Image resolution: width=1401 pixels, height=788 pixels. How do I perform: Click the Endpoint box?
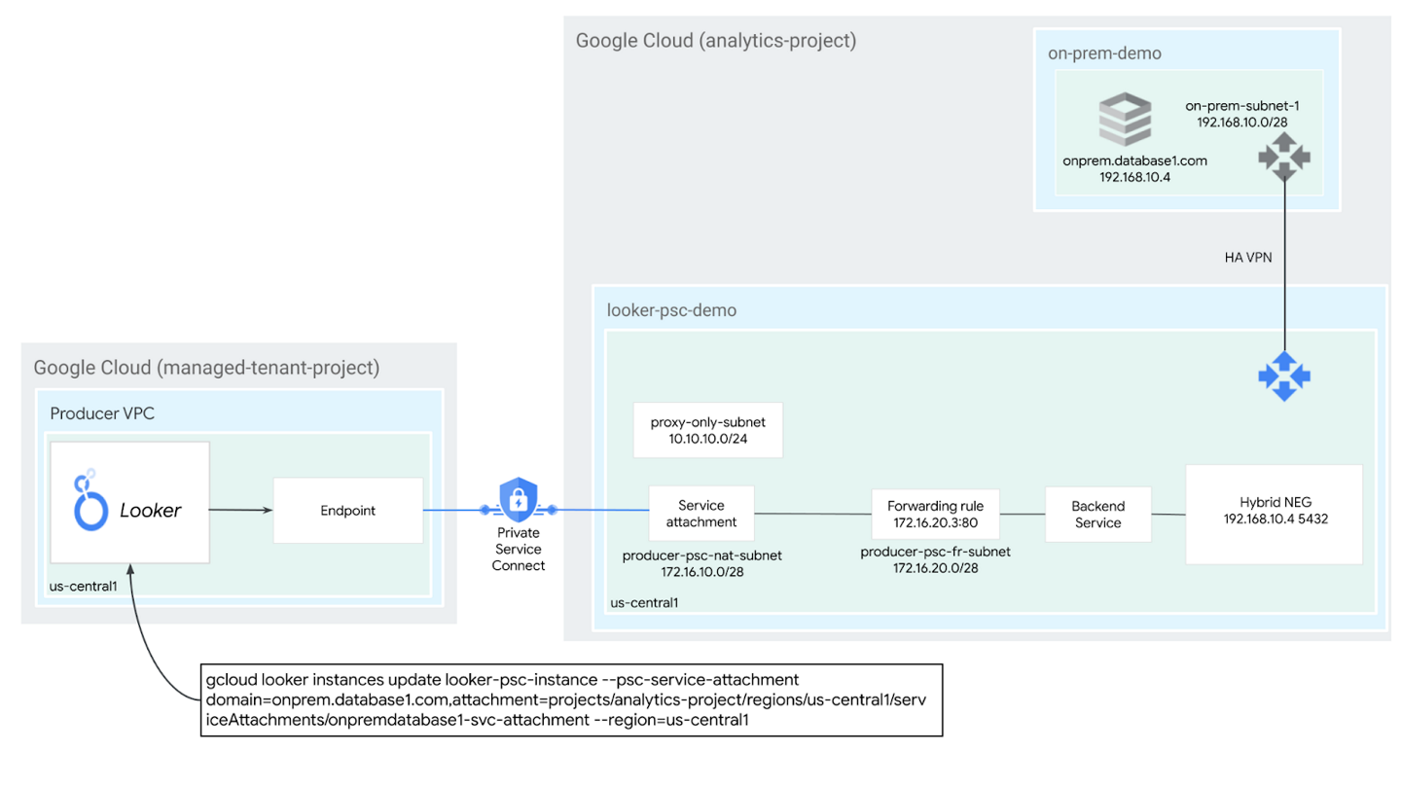click(347, 510)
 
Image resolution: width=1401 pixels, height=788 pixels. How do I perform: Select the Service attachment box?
click(700, 514)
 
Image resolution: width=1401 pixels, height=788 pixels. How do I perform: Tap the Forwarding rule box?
click(935, 514)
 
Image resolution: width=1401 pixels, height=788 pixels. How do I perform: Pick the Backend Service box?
click(1097, 515)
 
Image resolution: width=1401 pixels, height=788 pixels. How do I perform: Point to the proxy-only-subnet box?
click(707, 430)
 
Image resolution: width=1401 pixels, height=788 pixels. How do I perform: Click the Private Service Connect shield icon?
click(518, 500)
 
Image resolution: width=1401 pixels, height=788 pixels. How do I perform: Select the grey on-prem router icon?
click(1283, 156)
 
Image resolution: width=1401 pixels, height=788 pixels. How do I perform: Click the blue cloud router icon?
click(1283, 376)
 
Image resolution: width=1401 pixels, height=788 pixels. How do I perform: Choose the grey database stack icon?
click(1125, 118)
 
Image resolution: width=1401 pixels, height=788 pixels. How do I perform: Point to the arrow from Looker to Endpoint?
click(240, 509)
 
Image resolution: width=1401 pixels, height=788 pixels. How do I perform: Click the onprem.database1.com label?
click(1134, 161)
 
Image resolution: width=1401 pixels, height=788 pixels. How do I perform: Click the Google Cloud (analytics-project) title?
click(715, 41)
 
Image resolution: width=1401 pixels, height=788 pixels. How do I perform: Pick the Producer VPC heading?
click(102, 413)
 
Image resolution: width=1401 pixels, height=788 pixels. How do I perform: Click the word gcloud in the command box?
click(230, 678)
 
